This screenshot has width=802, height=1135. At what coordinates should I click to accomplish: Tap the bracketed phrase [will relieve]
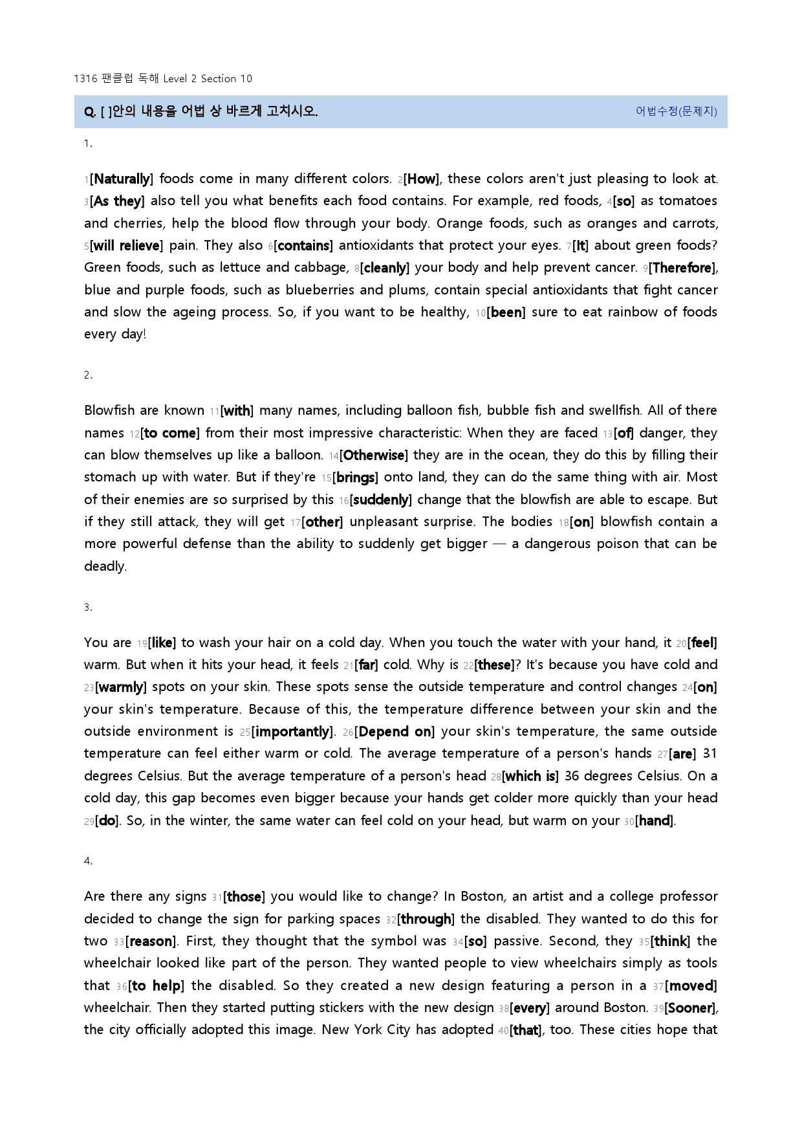pyautogui.click(x=127, y=245)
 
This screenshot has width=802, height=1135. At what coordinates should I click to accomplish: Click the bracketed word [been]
pyautogui.click(x=506, y=312)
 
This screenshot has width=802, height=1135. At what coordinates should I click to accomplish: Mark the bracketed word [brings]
pyautogui.click(x=355, y=478)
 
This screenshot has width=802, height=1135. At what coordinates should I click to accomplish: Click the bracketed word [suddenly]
pyautogui.click(x=381, y=500)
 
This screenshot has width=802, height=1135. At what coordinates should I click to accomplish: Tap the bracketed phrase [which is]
pyautogui.click(x=530, y=776)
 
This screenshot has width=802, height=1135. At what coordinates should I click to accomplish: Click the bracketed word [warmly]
pyautogui.click(x=121, y=687)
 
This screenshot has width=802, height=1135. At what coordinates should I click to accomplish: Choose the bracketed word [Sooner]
pyautogui.click(x=691, y=1008)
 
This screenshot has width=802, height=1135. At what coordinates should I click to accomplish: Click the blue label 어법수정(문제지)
pyautogui.click(x=676, y=111)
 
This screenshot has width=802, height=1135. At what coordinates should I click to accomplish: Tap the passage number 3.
pyautogui.click(x=87, y=606)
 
